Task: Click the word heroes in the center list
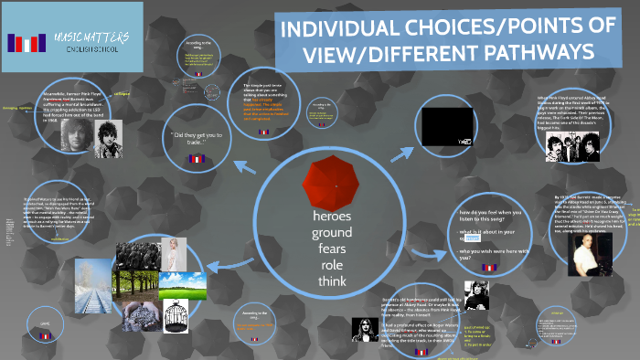[332, 217]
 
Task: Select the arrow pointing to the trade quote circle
[246, 167]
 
